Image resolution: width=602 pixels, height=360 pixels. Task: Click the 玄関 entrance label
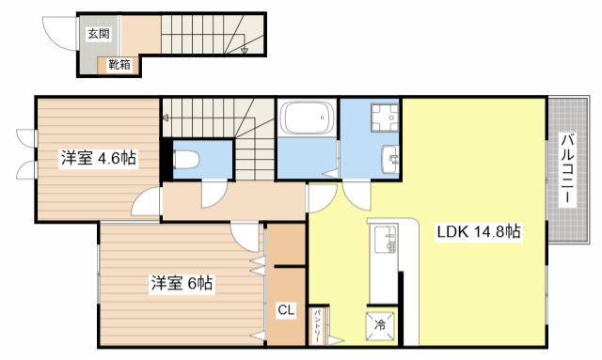pos(99,34)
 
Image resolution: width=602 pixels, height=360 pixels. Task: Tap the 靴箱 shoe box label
pos(119,65)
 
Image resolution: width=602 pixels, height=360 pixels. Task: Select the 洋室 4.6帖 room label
pos(99,158)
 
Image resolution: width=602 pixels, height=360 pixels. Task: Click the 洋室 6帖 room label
pos(182,283)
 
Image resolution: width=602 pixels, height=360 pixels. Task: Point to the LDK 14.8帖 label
pos(479,231)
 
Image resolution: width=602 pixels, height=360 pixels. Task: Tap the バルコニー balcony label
pos(567,169)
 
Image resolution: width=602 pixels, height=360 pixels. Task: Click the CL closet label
pos(286,310)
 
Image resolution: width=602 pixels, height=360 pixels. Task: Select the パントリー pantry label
pos(318,327)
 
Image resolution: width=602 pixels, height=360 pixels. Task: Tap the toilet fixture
pos(186,159)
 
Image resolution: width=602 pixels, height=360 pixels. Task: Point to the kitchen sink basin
pos(385,239)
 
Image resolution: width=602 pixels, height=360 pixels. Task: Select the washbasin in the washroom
pos(390,159)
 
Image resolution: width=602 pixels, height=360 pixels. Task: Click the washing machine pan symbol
pos(385,117)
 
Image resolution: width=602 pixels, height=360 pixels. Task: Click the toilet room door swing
pos(214,195)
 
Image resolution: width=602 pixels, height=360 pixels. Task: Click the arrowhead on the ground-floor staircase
pos(245,50)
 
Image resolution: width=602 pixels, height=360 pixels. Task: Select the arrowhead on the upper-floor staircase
pos(166,117)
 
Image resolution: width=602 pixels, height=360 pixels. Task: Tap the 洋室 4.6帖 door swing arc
pos(146,201)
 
